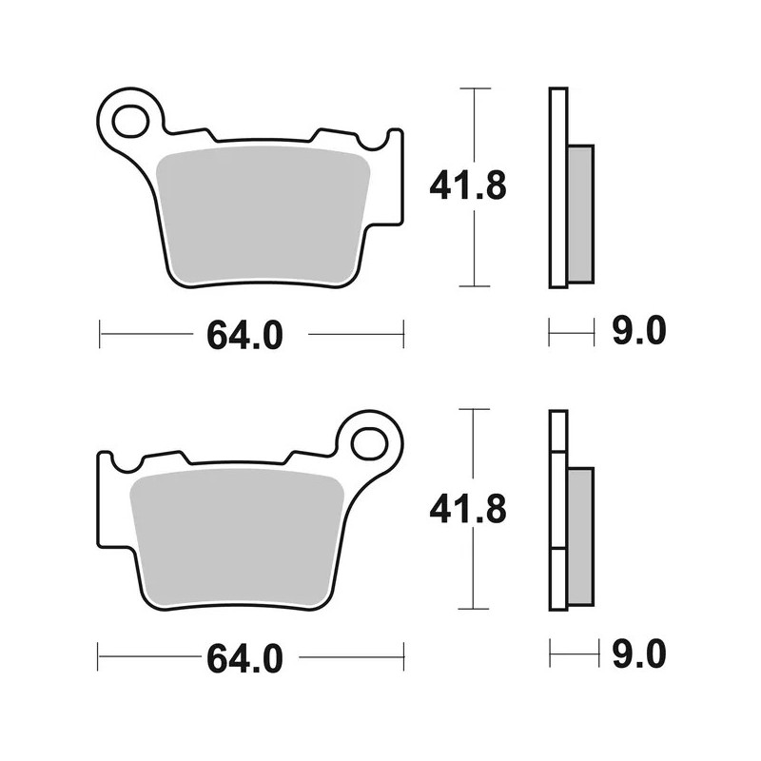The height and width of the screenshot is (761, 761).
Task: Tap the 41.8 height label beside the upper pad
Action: (x=467, y=186)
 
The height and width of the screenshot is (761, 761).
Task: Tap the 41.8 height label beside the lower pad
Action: (x=467, y=509)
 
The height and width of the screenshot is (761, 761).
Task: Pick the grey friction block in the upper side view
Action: (x=580, y=213)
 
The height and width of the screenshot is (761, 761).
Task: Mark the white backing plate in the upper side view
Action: (x=558, y=186)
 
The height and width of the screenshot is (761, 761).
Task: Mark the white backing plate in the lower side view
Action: (x=558, y=509)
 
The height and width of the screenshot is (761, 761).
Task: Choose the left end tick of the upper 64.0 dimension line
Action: (x=100, y=334)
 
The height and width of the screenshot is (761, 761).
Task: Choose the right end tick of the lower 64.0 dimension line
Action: (x=404, y=656)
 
